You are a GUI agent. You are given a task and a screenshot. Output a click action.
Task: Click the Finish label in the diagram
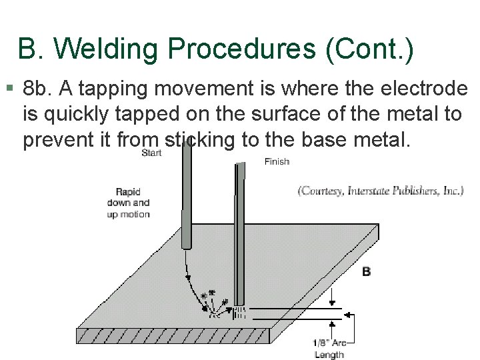click(277, 161)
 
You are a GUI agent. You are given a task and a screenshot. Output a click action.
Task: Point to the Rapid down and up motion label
click(129, 204)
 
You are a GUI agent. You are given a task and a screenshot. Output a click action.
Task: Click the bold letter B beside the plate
click(367, 271)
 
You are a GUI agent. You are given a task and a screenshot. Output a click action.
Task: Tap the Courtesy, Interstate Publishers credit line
click(380, 191)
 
